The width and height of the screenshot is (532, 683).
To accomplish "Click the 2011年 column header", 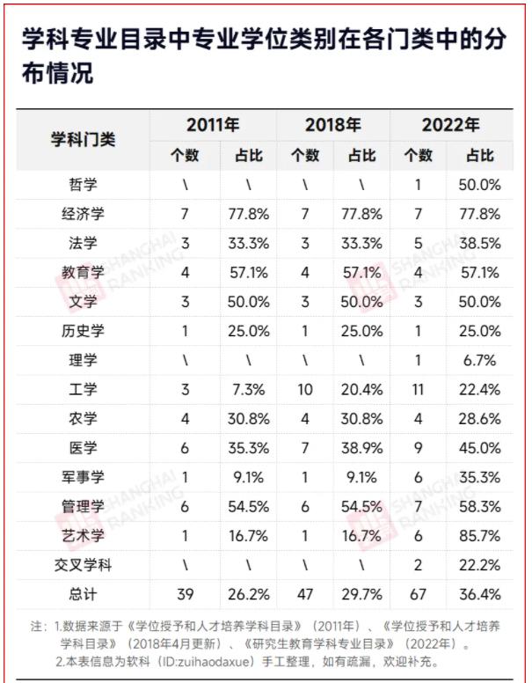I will click(x=213, y=125).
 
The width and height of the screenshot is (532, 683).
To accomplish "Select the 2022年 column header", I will click(x=450, y=125).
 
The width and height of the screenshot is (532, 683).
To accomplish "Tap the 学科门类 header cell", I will click(x=83, y=140).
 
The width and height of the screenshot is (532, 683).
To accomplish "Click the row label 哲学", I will click(x=83, y=186).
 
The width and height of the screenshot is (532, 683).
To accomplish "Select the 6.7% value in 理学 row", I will click(x=479, y=360).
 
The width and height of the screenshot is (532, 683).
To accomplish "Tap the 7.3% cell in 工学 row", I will click(x=249, y=389).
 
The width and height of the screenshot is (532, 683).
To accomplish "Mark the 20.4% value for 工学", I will click(x=362, y=389).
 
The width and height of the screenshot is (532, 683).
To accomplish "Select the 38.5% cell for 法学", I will click(x=479, y=244).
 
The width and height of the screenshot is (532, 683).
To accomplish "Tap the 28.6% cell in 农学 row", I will click(x=479, y=418).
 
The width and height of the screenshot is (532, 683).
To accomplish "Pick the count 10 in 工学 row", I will click(x=304, y=389).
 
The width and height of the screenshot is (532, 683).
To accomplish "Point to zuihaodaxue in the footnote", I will click(x=238, y=660).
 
